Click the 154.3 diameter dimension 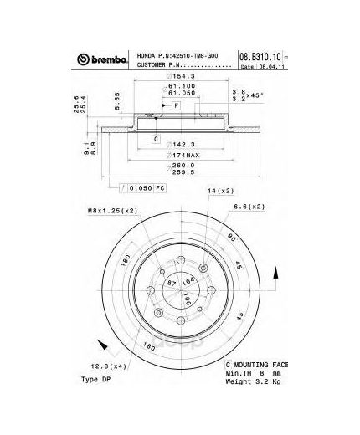pos(177,77)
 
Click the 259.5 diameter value pos(177,174)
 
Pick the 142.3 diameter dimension pos(177,144)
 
